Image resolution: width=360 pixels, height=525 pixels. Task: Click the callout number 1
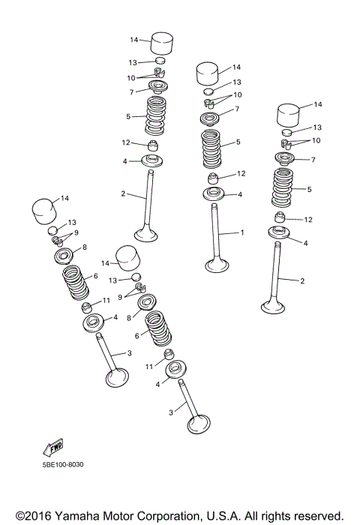pyautogui.click(x=241, y=232)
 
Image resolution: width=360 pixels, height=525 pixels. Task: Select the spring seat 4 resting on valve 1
pyautogui.click(x=216, y=194)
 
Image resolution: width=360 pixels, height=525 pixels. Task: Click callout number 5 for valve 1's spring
pyautogui.click(x=238, y=142)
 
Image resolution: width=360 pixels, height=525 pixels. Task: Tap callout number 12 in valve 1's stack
pyautogui.click(x=241, y=174)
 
